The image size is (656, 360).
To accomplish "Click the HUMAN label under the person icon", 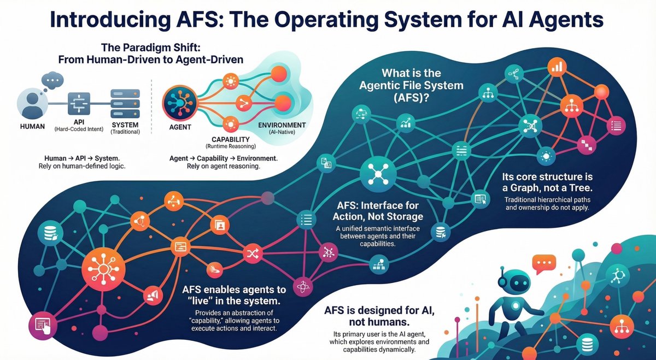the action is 32,126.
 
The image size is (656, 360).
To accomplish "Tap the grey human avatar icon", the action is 32,104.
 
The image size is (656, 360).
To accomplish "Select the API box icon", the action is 79,104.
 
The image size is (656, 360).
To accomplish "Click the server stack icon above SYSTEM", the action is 125,104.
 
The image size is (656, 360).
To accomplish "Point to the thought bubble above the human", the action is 52,80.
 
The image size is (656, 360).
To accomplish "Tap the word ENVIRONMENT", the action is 282,125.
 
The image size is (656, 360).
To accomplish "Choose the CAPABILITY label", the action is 231,139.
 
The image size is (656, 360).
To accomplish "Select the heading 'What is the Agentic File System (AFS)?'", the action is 411,85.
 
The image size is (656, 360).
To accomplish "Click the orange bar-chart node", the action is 557,67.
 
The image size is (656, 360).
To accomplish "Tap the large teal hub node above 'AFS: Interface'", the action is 378,174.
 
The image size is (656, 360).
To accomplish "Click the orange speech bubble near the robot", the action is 544,264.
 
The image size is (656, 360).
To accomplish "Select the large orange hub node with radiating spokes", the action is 103,269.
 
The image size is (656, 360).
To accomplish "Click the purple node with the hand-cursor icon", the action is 43,326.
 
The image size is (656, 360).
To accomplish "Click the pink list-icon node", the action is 616,126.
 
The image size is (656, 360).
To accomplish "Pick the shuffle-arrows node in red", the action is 253,253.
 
